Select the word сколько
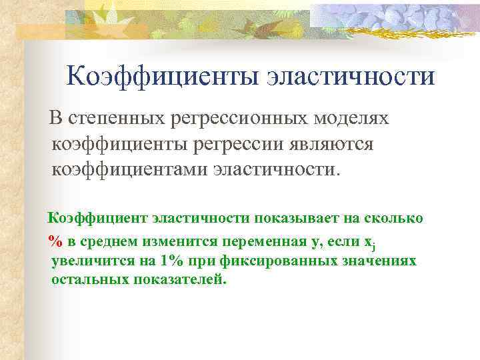(x=394, y=218)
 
